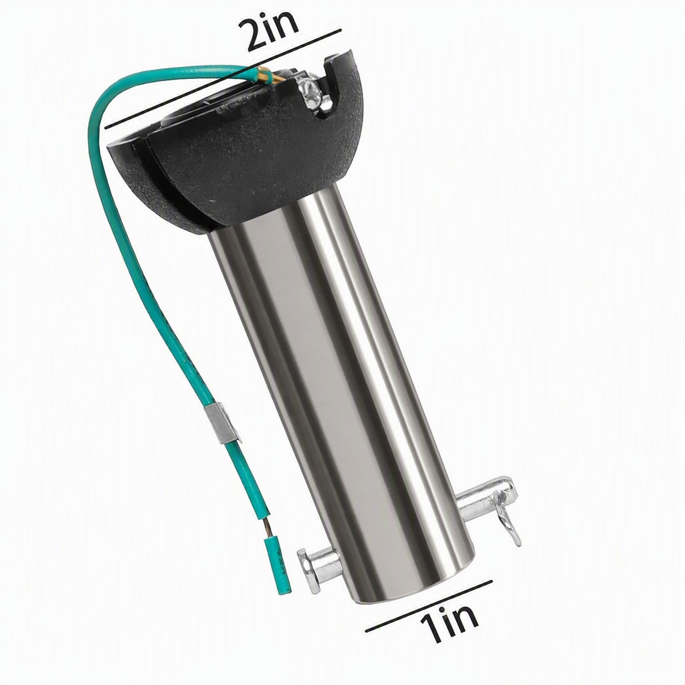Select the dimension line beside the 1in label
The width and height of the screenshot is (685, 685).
429,606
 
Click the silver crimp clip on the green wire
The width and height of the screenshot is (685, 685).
221,423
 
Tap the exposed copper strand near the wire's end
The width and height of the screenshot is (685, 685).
268,529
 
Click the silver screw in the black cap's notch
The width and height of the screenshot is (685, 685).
313,94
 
